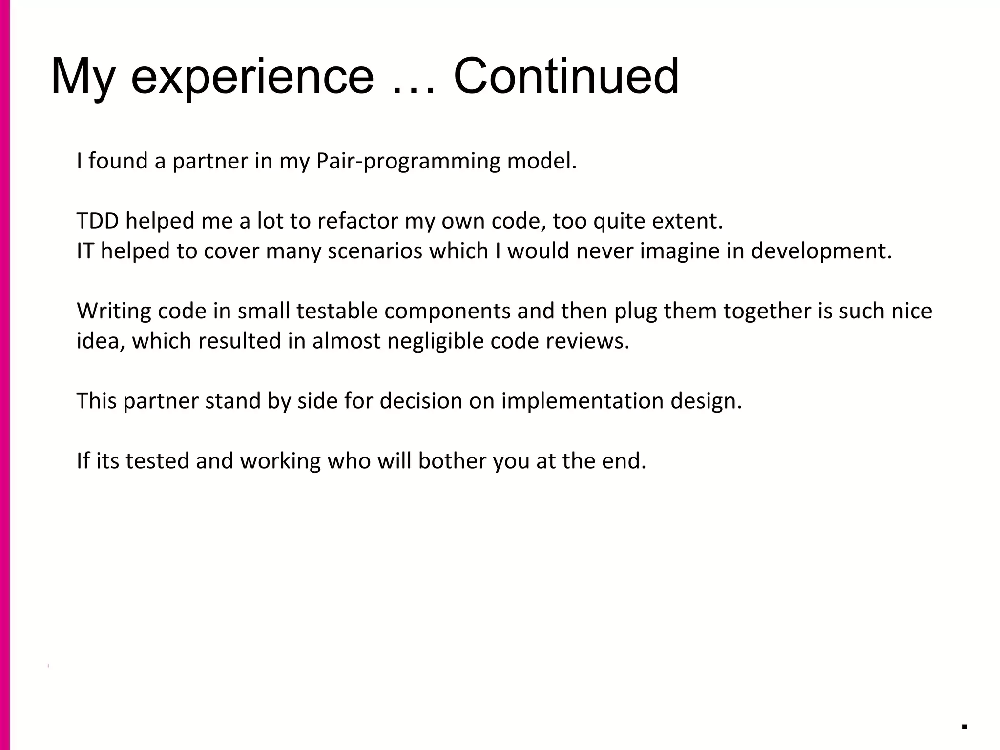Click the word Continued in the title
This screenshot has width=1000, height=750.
tap(566, 77)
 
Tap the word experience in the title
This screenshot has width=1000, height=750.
tap(252, 78)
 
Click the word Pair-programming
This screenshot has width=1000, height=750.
tap(408, 162)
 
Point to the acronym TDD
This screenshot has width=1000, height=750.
tap(98, 221)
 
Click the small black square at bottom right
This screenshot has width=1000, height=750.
tap(964, 726)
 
